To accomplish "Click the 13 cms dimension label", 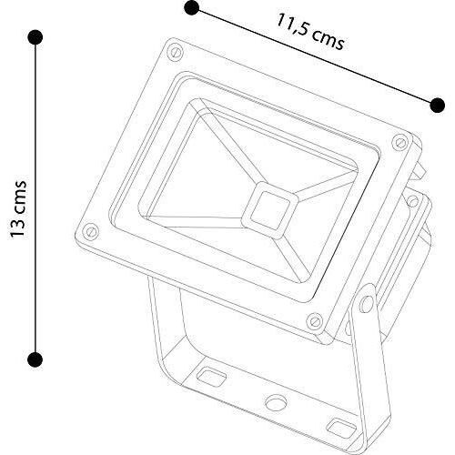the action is [x=18, y=209].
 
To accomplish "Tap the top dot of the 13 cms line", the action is [x=35, y=37].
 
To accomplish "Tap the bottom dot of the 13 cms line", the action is [x=35, y=359].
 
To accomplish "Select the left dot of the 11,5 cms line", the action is [x=191, y=7].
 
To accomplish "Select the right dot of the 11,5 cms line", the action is [x=438, y=106].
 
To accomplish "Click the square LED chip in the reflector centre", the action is [x=270, y=210].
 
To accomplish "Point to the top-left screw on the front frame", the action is [x=176, y=51].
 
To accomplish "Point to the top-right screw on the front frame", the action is [x=399, y=142].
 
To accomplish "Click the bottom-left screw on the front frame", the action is [x=91, y=231].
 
